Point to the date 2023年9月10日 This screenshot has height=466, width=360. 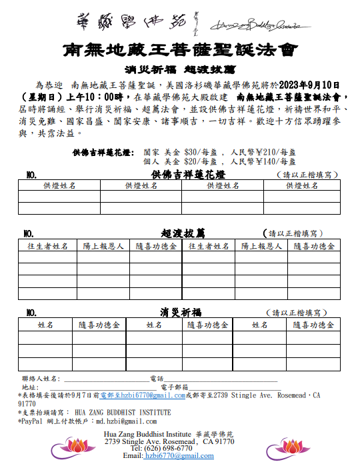pyautogui.click(x=311, y=85)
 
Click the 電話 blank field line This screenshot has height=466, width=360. pyautogui.click(x=220, y=380)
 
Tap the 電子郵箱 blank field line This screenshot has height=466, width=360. pyautogui.click(x=233, y=388)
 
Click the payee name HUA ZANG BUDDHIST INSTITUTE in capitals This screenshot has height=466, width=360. pyautogui.click(x=123, y=413)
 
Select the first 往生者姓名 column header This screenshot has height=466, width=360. pyautogui.click(x=47, y=246)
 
